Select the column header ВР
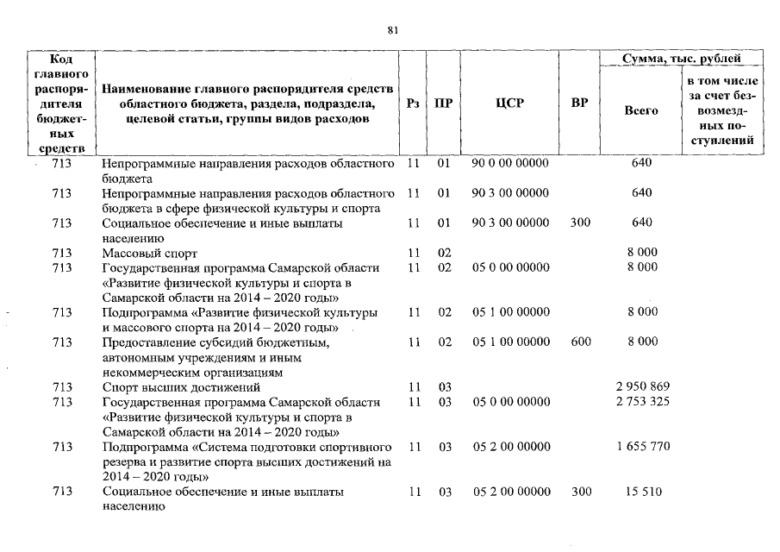pyautogui.click(x=580, y=103)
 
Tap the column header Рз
pyautogui.click(x=413, y=103)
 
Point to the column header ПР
pyautogui.click(x=443, y=103)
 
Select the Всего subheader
pyautogui.click(x=640, y=110)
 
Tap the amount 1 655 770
pyautogui.click(x=641, y=447)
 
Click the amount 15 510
pyautogui.click(x=641, y=492)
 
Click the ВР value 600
pyautogui.click(x=580, y=342)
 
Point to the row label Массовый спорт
pyautogui.click(x=149, y=253)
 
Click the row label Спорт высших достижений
pyautogui.click(x=181, y=387)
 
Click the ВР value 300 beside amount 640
pyautogui.click(x=580, y=223)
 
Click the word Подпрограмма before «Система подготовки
pyautogui.click(x=143, y=447)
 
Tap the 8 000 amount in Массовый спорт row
pyautogui.click(x=641, y=253)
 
